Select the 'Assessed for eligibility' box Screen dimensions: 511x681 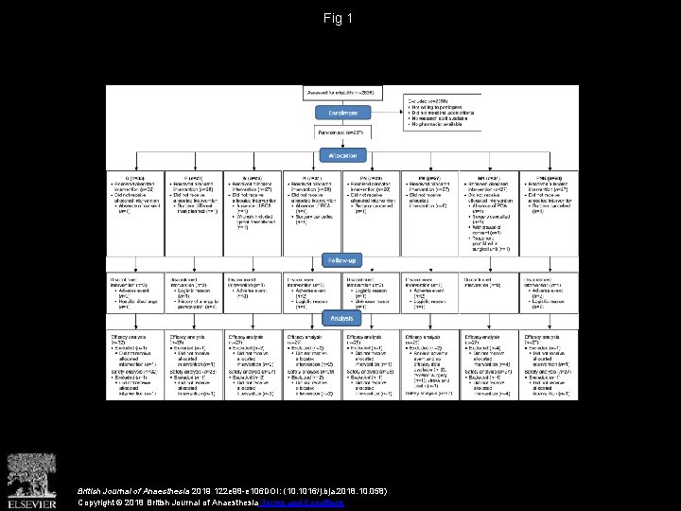click(340, 92)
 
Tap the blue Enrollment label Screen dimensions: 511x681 click(340, 113)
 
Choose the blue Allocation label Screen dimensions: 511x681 click(340, 155)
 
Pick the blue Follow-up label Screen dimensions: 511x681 click(340, 258)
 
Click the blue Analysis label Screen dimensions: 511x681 click(340, 319)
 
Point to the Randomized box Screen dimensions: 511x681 click(340, 132)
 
